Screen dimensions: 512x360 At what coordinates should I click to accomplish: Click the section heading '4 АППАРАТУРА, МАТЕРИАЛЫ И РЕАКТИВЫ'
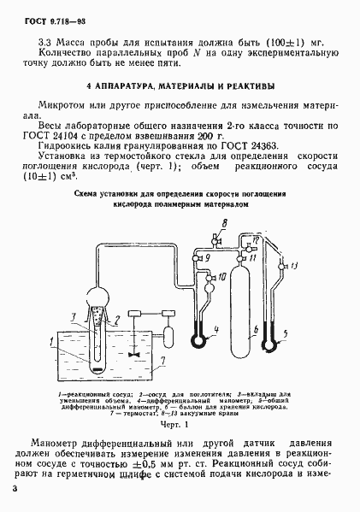click(180, 86)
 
